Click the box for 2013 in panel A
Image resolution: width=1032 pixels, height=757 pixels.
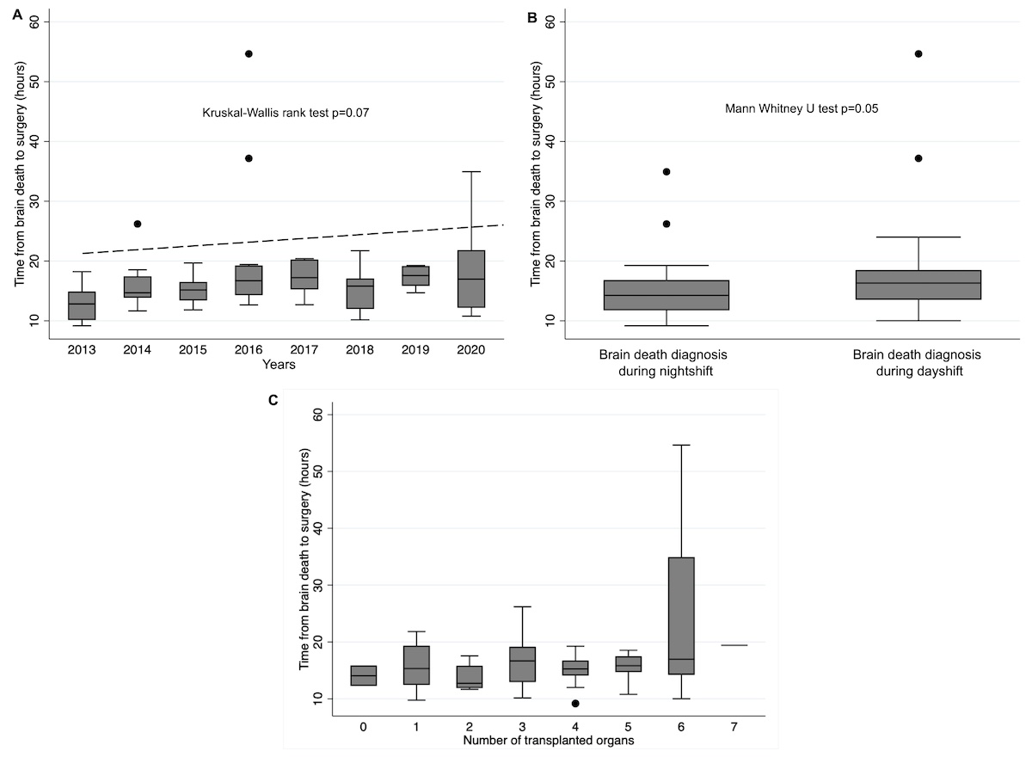[x=82, y=305]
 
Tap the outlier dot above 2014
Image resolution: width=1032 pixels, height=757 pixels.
[x=138, y=224]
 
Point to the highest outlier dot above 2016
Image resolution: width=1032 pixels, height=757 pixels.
[x=249, y=53]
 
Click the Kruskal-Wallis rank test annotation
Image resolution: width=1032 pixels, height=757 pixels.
[x=286, y=113]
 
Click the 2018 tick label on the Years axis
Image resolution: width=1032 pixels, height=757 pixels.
[x=359, y=352]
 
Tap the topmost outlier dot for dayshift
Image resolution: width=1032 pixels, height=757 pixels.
[x=918, y=53]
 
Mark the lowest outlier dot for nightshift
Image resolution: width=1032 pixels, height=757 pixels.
[x=666, y=224]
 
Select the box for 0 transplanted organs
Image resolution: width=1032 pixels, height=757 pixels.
[x=364, y=675]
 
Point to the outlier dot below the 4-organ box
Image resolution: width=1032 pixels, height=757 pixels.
[x=575, y=704]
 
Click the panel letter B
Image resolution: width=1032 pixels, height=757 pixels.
[x=531, y=17]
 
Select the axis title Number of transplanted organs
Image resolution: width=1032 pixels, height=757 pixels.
[x=549, y=741]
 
